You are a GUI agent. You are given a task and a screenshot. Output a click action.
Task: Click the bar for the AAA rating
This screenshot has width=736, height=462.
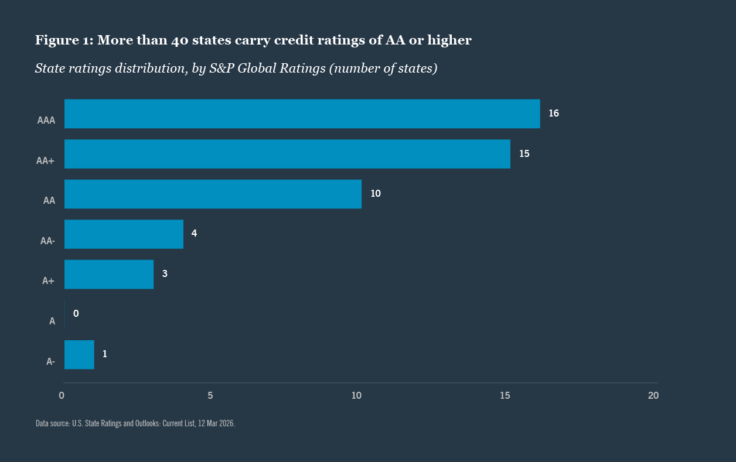click(x=302, y=114)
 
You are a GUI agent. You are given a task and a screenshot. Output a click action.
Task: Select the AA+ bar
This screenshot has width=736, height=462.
click(x=287, y=154)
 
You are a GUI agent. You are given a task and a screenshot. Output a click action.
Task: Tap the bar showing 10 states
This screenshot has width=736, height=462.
click(x=213, y=194)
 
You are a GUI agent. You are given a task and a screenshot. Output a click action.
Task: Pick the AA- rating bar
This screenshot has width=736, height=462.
click(x=124, y=234)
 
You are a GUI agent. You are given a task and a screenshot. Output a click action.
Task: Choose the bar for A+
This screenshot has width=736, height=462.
click(x=109, y=274)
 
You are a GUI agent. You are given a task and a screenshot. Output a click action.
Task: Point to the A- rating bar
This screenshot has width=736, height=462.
click(x=79, y=354)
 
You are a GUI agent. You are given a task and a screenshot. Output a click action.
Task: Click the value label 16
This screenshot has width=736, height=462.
click(x=554, y=114)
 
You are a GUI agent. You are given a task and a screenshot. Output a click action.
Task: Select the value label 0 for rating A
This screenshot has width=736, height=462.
click(x=76, y=314)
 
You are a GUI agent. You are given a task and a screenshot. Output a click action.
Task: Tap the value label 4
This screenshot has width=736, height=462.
click(x=194, y=234)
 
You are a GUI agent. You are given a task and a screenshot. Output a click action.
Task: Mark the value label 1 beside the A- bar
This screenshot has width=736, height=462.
click(x=105, y=354)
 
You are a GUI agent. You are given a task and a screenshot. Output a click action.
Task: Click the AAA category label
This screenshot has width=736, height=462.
click(x=46, y=121)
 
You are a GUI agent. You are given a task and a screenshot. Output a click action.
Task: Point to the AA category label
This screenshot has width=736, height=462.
click(x=49, y=201)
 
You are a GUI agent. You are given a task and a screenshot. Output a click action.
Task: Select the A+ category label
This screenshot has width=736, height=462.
click(x=49, y=281)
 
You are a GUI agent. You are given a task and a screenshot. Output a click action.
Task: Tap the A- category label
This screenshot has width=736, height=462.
click(x=51, y=362)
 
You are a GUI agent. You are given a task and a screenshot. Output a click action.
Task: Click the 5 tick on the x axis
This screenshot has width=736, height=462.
click(x=210, y=396)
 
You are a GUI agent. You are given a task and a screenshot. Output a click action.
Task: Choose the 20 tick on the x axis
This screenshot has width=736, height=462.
click(x=653, y=396)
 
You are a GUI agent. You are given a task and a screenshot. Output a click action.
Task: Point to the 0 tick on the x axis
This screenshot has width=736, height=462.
click(x=62, y=396)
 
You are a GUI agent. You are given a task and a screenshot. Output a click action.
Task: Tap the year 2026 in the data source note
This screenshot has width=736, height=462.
click(x=226, y=423)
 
